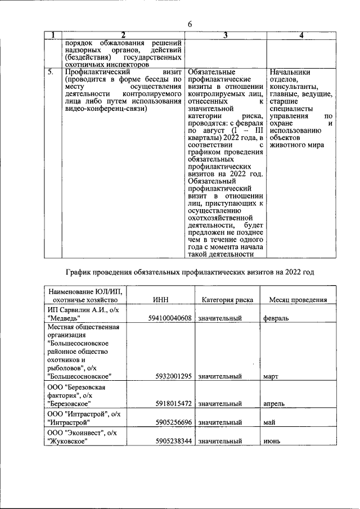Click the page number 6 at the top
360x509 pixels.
coord(190,24)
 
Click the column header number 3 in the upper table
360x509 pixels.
coord(225,35)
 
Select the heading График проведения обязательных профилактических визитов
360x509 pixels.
coord(189,272)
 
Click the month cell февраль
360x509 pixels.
coord(276,318)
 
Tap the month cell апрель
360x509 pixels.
coord(273,403)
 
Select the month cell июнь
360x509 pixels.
coord(272,442)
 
